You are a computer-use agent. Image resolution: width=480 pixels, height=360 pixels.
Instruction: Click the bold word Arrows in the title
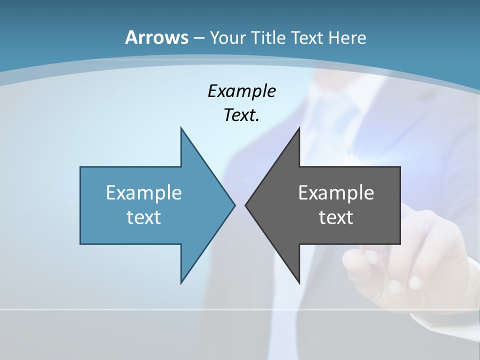click(x=156, y=37)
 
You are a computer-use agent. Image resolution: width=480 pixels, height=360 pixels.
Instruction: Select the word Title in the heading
click(x=268, y=38)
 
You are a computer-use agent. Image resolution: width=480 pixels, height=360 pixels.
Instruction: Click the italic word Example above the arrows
click(x=241, y=91)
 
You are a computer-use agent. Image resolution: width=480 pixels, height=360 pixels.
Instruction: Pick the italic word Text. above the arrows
click(x=241, y=115)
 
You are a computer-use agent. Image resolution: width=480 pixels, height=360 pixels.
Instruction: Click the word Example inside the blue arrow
click(x=144, y=193)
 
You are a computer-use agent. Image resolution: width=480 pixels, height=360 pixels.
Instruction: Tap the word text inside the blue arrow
click(x=144, y=217)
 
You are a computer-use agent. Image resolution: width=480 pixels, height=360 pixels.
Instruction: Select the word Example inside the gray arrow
click(x=336, y=193)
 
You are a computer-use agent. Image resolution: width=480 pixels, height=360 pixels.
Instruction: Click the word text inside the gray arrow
click(x=336, y=217)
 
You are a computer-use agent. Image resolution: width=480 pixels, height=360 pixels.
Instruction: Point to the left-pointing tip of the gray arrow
click(x=246, y=205)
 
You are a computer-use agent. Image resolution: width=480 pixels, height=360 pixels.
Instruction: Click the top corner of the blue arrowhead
click(x=181, y=128)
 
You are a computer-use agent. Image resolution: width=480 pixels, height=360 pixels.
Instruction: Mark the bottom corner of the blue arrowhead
click(x=181, y=282)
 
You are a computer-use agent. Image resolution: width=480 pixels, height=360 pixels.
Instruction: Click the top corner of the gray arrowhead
click(x=299, y=128)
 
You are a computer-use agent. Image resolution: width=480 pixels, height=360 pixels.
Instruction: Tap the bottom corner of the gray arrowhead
click(x=299, y=282)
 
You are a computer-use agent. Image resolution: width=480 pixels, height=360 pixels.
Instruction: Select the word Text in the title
click(x=308, y=38)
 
